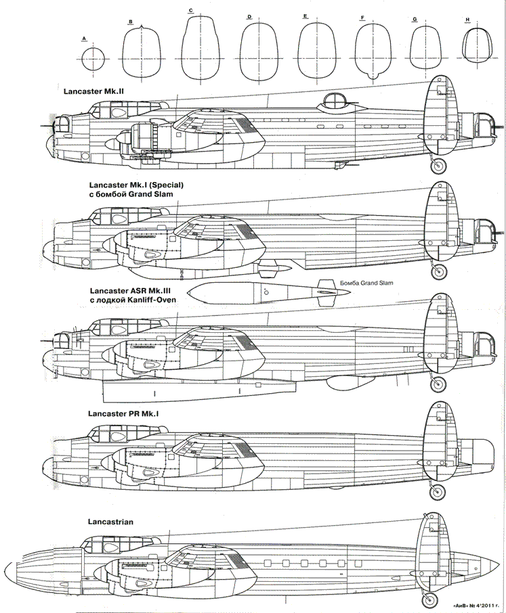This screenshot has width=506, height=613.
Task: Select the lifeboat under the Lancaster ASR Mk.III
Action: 200,388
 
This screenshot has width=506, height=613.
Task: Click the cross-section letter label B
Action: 129,22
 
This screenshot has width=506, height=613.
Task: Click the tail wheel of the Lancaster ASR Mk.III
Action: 438,384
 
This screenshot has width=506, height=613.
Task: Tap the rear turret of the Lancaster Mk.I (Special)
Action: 486,231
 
